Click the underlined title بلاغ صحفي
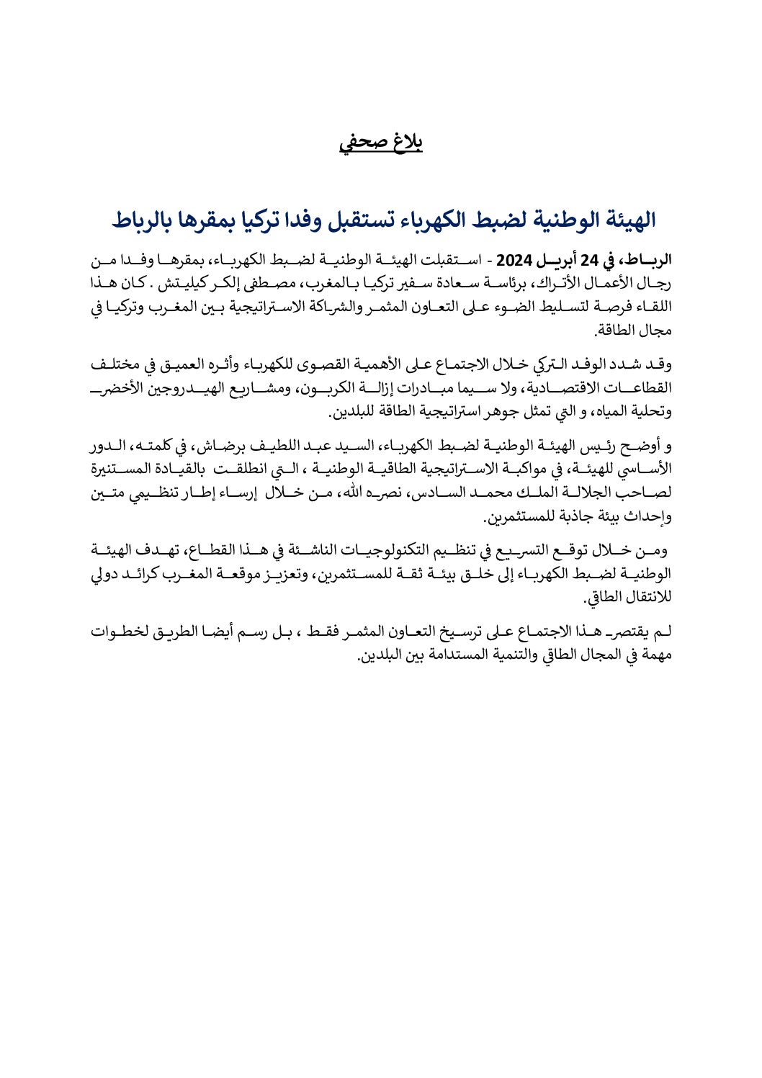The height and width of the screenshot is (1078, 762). (380, 142)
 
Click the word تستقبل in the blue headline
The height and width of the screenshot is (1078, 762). (360, 220)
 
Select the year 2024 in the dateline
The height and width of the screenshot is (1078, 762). (514, 259)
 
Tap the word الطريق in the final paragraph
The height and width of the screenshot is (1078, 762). (189, 632)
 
